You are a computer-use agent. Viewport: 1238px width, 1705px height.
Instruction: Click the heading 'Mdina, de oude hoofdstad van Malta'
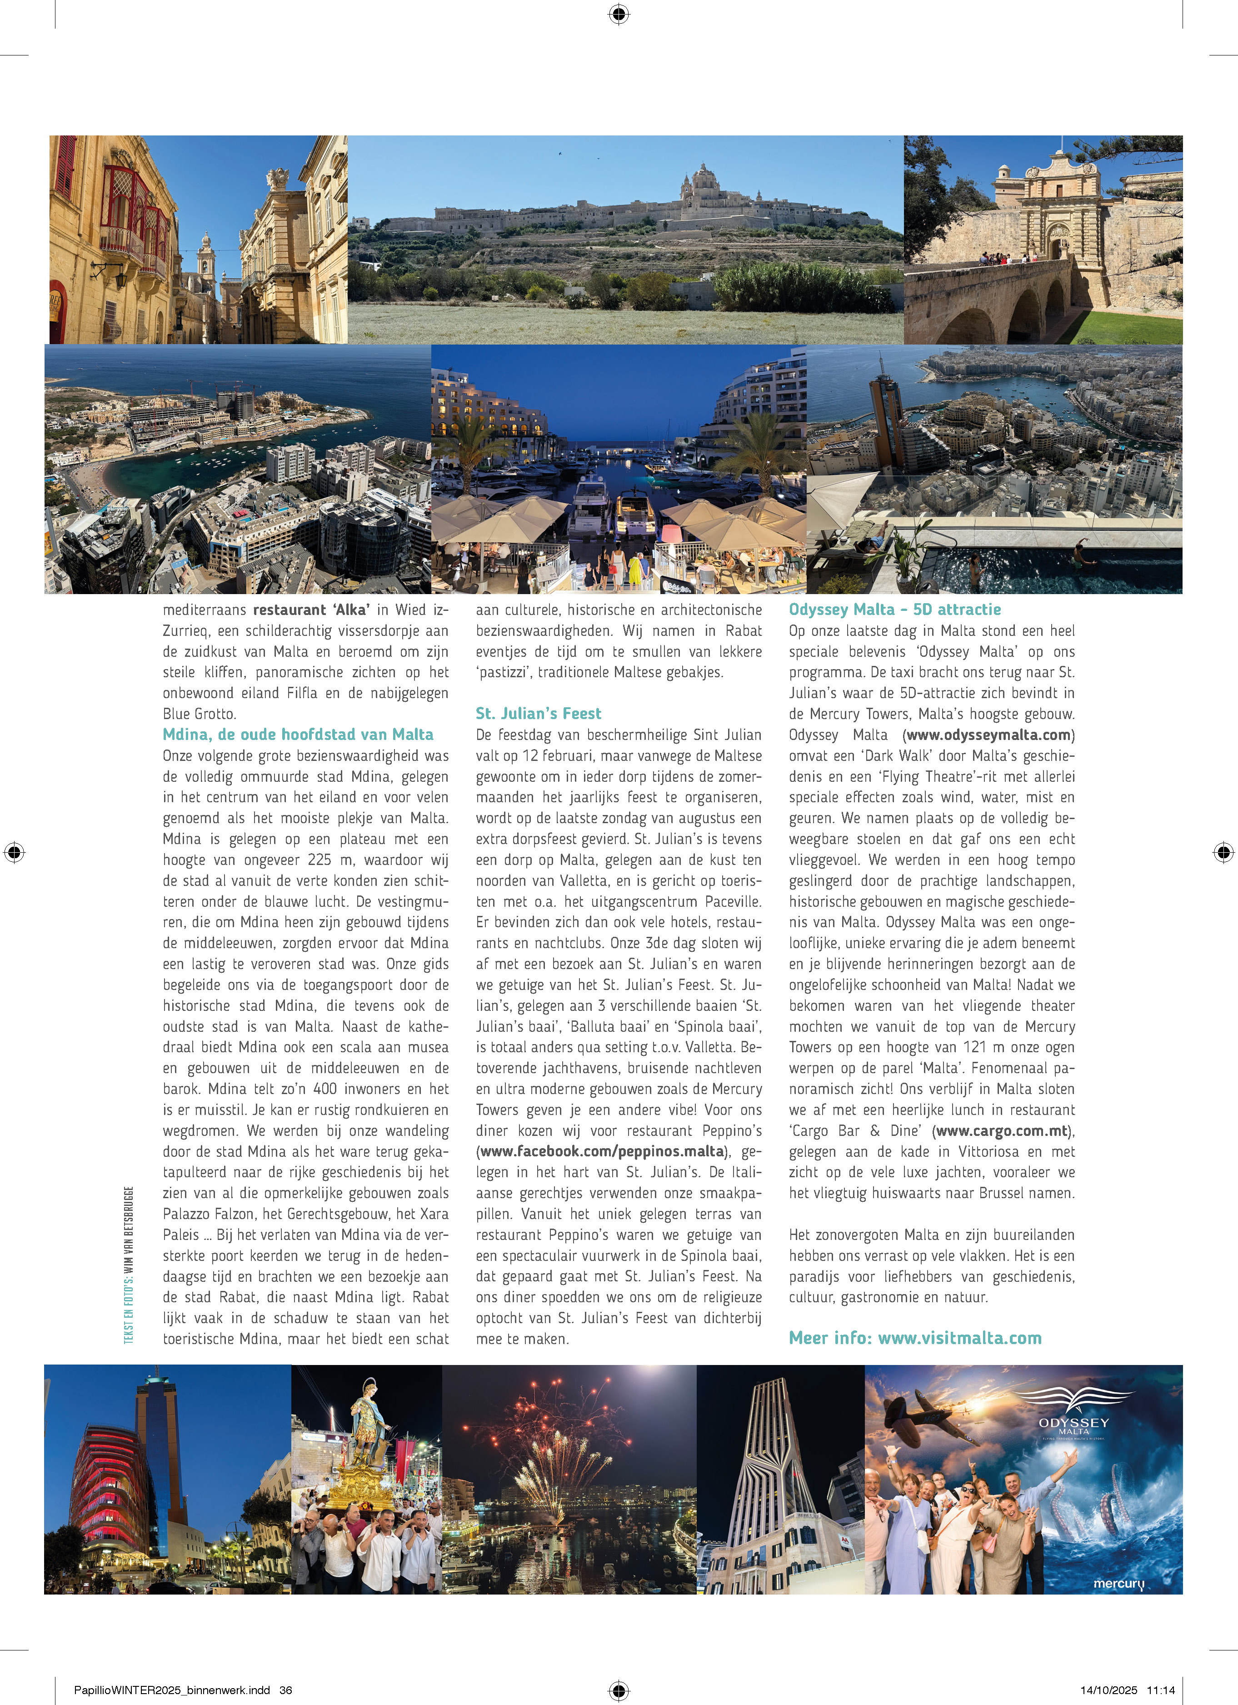coord(298,735)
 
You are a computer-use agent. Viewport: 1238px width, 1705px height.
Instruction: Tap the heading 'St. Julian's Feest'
coord(538,714)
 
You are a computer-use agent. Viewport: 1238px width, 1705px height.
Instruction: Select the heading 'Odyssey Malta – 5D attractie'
coord(894,610)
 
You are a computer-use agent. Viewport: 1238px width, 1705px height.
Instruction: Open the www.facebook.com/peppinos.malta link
coord(603,1152)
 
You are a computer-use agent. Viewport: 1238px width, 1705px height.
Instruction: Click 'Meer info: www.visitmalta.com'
coord(915,1338)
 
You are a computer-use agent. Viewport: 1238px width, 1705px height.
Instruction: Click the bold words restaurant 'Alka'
coord(311,610)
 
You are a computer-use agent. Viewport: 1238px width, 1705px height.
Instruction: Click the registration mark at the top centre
coord(619,14)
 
